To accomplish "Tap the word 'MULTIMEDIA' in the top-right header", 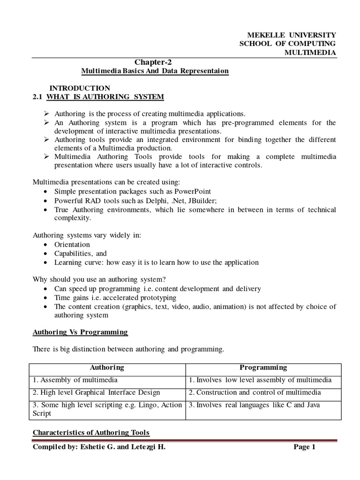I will pyautogui.click(x=311, y=52).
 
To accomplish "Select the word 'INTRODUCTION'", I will pyautogui.click(x=80, y=88).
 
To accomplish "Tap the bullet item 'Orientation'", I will pyautogui.click(x=72, y=245).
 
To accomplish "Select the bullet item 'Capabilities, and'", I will pyautogui.click(x=81, y=254).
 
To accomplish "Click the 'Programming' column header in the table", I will pyautogui.click(x=263, y=367).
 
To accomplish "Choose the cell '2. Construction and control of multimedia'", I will pyautogui.click(x=255, y=392).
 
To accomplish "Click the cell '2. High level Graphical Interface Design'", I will pyautogui.click(x=96, y=392).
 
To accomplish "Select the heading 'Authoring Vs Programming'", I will pyautogui.click(x=80, y=332).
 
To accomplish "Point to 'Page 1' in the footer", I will pyautogui.click(x=305, y=447).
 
